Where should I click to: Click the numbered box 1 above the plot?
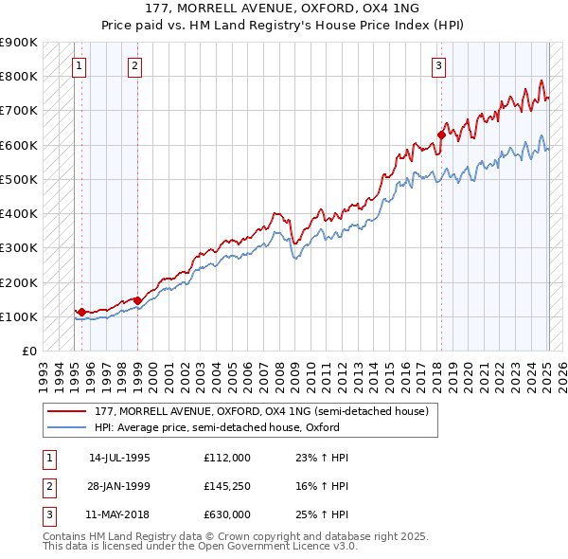(78, 65)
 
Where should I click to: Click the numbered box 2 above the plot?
(135, 65)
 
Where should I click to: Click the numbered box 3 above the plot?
(439, 65)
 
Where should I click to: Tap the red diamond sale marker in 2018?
(441, 135)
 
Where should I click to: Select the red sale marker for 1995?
(81, 312)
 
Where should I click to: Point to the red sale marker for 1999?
(138, 300)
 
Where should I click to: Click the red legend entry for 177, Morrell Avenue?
(261, 411)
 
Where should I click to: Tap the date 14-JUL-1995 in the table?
(119, 458)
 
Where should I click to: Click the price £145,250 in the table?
(227, 486)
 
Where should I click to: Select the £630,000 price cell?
(227, 514)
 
